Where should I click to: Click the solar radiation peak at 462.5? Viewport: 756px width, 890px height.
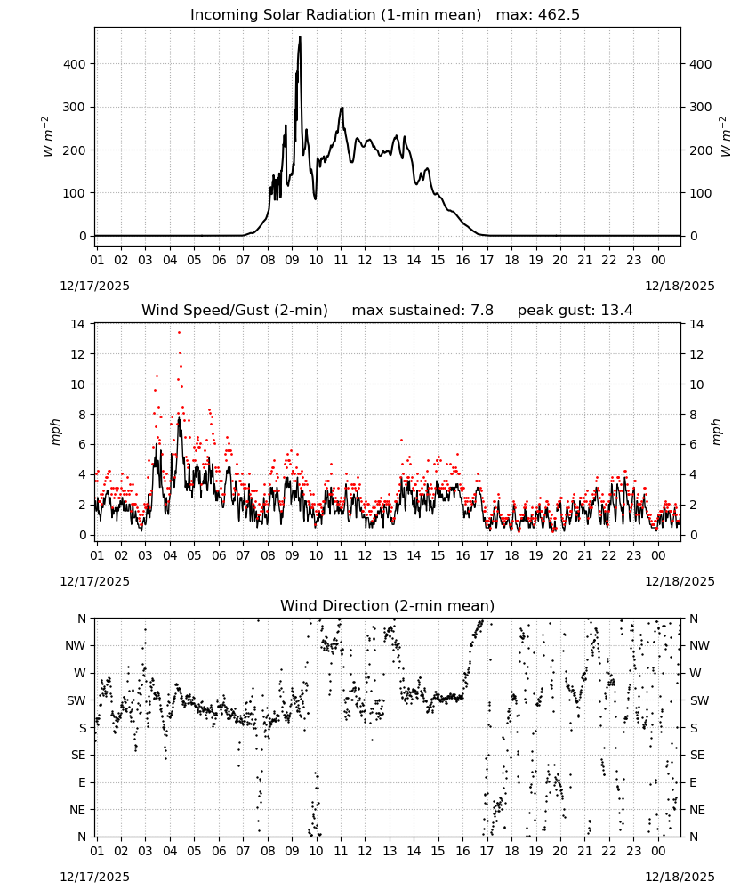[300, 37]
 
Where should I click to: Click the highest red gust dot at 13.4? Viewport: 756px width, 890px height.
[180, 332]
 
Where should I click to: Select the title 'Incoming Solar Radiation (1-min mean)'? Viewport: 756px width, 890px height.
[335, 15]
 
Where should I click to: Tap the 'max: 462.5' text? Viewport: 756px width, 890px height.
[538, 15]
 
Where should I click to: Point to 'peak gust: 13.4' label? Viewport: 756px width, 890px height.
[575, 311]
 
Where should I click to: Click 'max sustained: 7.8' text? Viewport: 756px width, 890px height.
[422, 311]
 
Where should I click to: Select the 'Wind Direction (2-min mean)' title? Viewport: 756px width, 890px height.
[388, 605]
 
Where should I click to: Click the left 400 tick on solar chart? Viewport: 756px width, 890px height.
[75, 64]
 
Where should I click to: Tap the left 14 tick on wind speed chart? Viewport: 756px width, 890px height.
[77, 324]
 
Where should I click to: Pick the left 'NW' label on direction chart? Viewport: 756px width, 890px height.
[76, 646]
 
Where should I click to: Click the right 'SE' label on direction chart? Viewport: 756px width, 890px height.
[697, 756]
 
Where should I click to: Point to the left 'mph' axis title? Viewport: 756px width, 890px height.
[55, 432]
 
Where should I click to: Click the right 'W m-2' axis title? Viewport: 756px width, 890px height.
[726, 137]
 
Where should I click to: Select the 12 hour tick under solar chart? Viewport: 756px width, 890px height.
[365, 260]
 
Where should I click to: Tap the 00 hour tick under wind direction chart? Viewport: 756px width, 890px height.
[658, 851]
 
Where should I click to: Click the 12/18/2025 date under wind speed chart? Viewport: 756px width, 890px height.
[680, 581]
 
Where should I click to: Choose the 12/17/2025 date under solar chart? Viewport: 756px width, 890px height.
[94, 286]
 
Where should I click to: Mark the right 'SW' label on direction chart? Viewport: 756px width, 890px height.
[699, 701]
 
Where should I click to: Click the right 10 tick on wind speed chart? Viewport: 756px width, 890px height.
[696, 384]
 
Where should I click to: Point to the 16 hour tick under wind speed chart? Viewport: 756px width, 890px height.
[462, 555]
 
